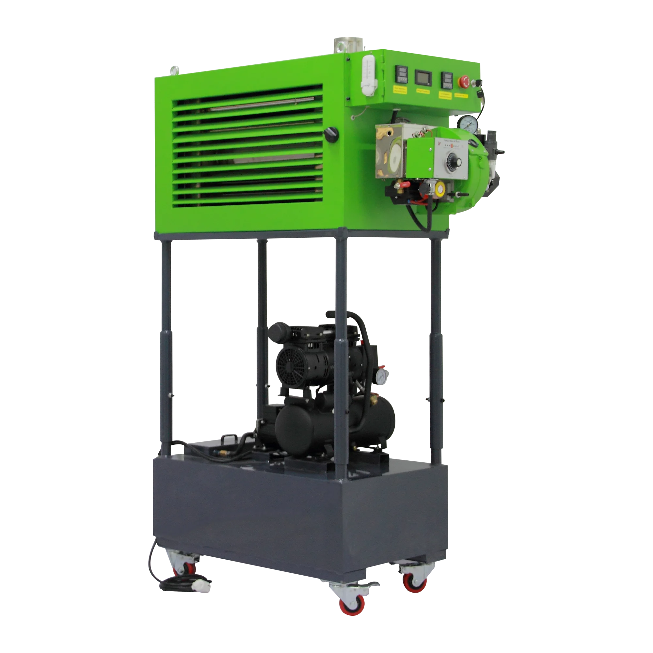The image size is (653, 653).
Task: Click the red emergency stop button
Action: coord(464,81)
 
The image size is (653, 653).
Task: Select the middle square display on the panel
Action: coord(423,77)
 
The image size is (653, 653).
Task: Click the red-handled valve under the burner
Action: coord(403,185)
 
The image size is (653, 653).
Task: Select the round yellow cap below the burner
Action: coord(440,189)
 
